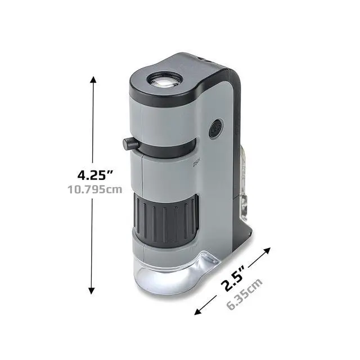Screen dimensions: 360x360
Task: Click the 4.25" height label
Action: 95,175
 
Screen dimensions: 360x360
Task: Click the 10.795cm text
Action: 95,190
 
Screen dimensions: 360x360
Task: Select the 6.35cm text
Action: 244,294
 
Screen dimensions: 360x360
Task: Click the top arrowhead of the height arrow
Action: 93,80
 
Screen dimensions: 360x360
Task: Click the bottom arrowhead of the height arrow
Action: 92,290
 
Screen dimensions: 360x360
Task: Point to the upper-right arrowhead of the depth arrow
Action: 267,250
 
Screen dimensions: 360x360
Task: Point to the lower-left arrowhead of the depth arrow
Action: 198,312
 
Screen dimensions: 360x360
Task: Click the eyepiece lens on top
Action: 165,80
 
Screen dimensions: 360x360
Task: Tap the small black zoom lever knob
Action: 130,144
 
